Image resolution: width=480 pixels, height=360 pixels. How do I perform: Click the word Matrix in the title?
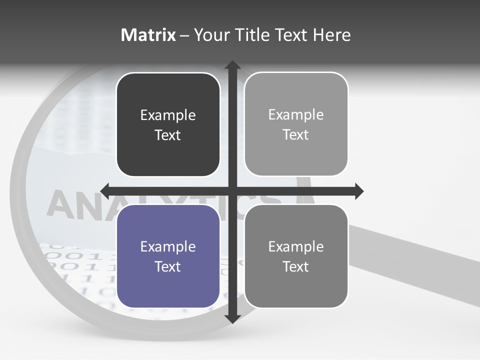point(148,35)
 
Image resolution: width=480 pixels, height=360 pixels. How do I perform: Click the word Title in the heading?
point(250,35)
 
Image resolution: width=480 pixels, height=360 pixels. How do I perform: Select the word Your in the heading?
point(210,35)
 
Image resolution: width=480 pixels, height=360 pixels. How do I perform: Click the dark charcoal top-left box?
point(168,124)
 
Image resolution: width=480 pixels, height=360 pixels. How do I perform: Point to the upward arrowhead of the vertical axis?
point(232,66)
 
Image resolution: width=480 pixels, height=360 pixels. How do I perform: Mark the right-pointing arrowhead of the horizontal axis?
point(358,191)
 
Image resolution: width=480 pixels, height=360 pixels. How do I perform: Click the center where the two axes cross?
point(232,191)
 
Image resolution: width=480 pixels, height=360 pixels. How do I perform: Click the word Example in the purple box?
point(168,246)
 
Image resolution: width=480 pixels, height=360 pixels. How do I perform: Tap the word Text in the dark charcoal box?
point(168,135)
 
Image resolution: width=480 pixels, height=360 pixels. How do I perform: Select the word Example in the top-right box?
point(296,115)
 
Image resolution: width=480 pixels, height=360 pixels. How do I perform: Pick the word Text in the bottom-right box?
point(296,266)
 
